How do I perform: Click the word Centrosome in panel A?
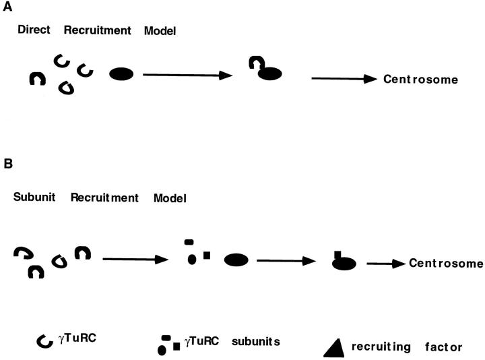point(421,79)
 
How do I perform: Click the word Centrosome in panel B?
point(446,262)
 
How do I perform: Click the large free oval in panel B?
point(236,259)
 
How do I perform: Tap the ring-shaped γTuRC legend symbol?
point(44,342)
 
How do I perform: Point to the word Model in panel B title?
point(170,198)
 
